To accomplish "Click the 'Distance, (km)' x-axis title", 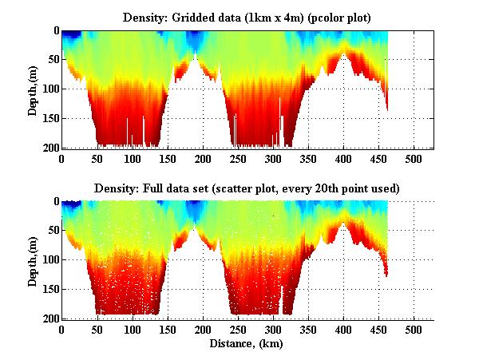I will [247, 344].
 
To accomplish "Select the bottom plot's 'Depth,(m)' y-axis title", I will [34, 259].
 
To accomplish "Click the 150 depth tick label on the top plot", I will [47, 118].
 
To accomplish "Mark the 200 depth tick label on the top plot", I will [47, 148].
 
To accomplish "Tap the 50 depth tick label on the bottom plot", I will [49, 231].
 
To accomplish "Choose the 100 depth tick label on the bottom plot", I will [47, 260].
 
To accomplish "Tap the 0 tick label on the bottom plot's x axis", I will [61, 330].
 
